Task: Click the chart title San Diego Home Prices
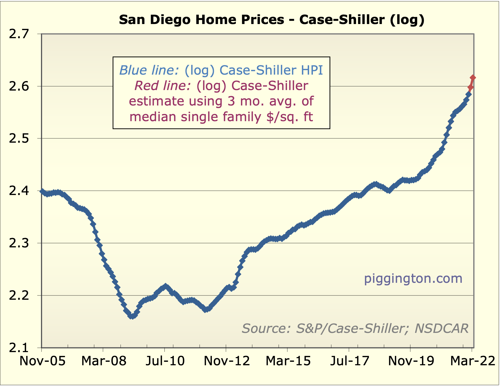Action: pyautogui.click(x=271, y=20)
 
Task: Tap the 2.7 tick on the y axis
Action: pyautogui.click(x=19, y=34)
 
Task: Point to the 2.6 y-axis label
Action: pyautogui.click(x=19, y=87)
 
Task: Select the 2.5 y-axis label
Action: pyautogui.click(x=19, y=139)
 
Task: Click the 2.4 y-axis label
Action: pyautogui.click(x=19, y=191)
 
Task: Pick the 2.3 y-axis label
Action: pyautogui.click(x=19, y=243)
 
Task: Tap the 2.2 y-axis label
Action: pyautogui.click(x=19, y=295)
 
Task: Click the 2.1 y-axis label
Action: pyautogui.click(x=19, y=348)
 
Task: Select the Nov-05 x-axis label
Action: pyautogui.click(x=42, y=361)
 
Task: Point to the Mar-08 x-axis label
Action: pyautogui.click(x=104, y=361)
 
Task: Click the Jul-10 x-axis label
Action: pyautogui.click(x=165, y=361)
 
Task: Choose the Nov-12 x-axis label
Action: pyautogui.click(x=227, y=361)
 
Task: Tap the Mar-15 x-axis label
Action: pyautogui.click(x=288, y=361)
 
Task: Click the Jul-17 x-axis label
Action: pyautogui.click(x=350, y=361)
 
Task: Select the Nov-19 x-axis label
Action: pyautogui.click(x=411, y=361)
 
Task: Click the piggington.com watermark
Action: pyautogui.click(x=413, y=278)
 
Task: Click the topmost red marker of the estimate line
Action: pyautogui.click(x=473, y=78)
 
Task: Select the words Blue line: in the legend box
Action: pyautogui.click(x=149, y=70)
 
